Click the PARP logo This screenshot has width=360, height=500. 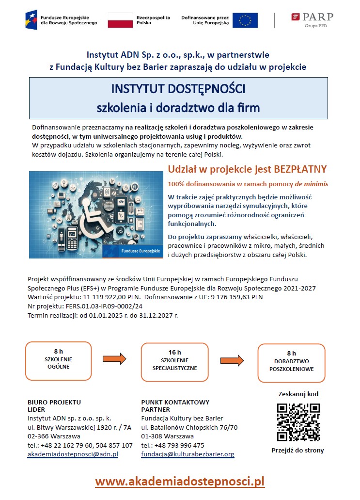[313, 19]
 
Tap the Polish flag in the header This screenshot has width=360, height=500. [120, 20]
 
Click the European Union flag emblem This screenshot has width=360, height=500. [245, 20]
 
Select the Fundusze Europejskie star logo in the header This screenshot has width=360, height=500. [32, 19]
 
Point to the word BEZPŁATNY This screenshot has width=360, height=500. [300, 169]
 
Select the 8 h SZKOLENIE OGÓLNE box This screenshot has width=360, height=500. [58, 361]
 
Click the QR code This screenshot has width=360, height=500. [298, 421]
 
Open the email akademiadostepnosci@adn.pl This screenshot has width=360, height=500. [73, 454]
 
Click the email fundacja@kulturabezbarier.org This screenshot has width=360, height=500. [188, 454]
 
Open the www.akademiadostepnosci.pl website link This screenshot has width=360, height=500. [180, 481]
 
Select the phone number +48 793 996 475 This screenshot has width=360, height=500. [180, 445]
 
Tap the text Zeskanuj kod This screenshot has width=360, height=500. [298, 394]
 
